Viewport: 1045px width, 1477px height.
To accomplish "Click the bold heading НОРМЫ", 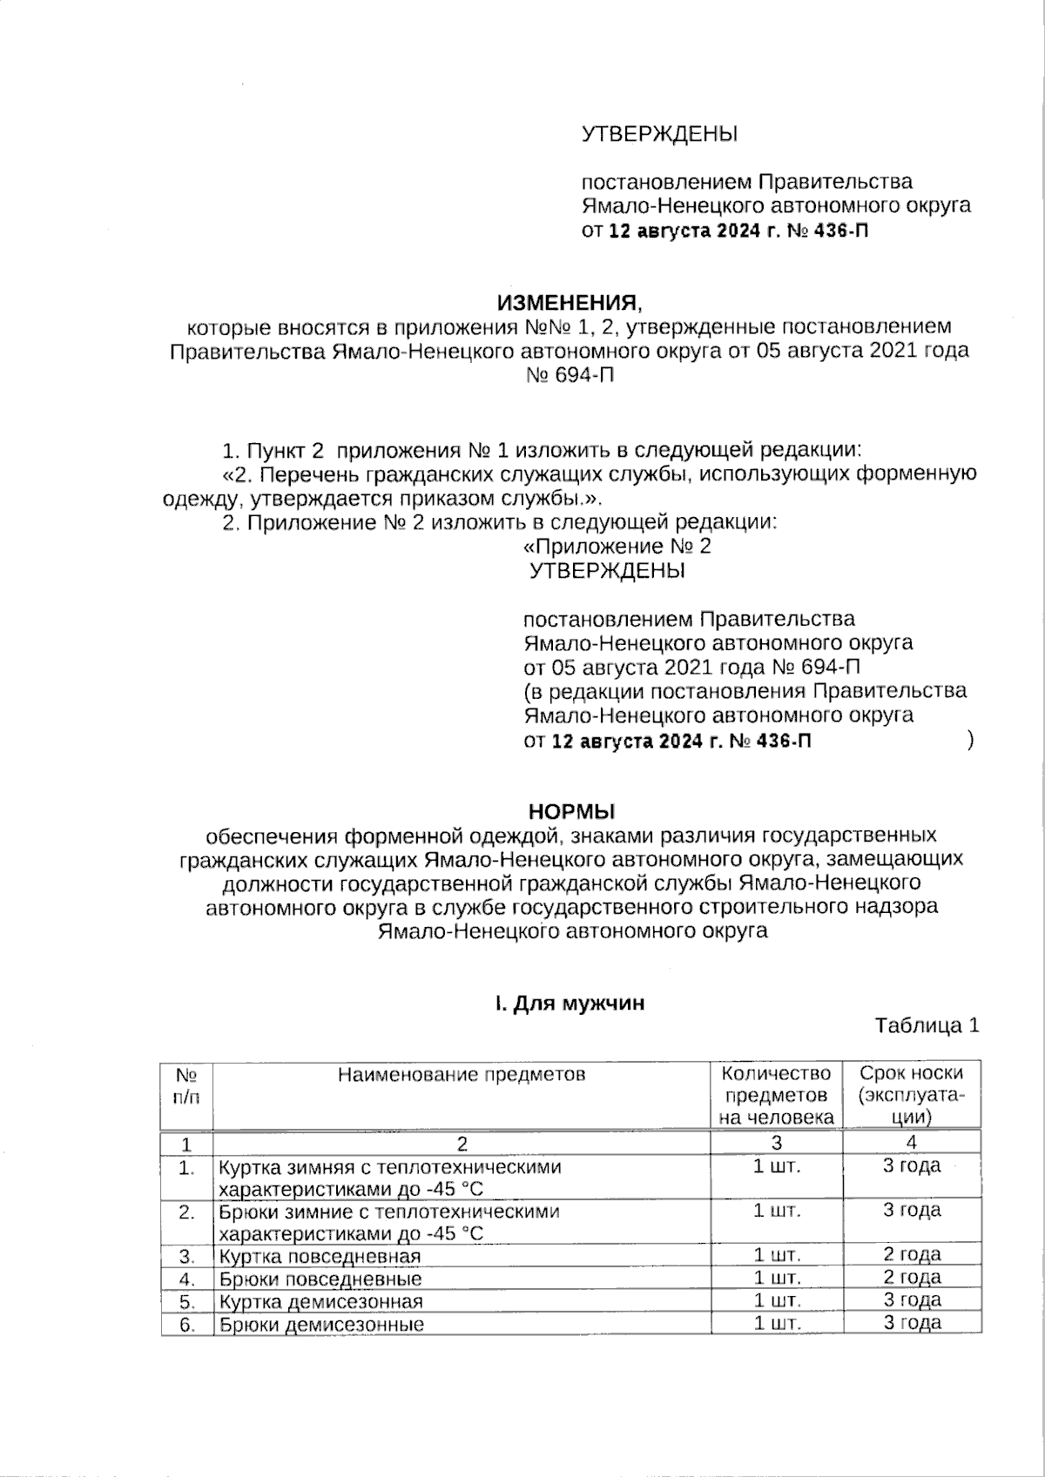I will point(571,811).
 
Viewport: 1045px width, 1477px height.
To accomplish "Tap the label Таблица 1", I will point(927,1024).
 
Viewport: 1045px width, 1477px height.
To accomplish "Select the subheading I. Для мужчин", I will point(570,1003).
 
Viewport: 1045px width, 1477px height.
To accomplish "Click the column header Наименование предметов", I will point(462,1074).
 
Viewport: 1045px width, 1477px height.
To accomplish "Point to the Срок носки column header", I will point(912,1094).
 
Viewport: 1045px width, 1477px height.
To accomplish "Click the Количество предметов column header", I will point(776,1094).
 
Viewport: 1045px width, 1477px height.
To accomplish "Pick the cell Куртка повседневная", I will point(320,1256).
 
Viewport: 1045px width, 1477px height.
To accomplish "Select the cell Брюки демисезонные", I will point(321,1325).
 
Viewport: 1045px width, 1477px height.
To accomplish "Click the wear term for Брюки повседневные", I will point(912,1278).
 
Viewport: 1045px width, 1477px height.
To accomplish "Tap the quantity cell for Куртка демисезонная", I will point(776,1300).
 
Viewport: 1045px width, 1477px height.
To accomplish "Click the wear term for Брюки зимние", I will point(912,1210).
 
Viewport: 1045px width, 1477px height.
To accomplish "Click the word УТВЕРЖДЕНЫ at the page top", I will point(659,134).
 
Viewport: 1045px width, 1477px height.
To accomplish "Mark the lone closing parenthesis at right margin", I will point(970,741).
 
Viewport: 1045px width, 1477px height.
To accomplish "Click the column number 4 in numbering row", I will point(912,1143).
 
